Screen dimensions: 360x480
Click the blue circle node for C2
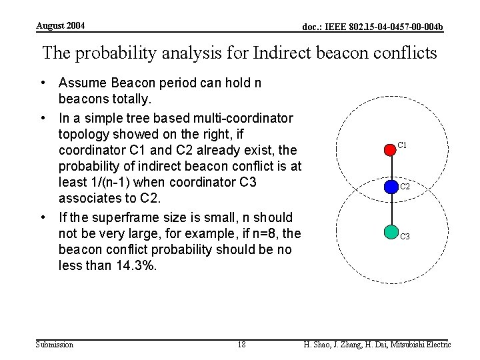[390, 187]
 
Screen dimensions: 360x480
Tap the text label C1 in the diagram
[402, 145]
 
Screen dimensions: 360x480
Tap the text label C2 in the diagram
[405, 187]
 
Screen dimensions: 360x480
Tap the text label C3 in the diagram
[405, 237]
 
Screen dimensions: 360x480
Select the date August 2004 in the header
[60, 26]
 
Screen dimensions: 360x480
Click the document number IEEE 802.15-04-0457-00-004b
[373, 27]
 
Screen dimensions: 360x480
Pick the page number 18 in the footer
[241, 345]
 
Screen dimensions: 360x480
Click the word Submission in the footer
[54, 345]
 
